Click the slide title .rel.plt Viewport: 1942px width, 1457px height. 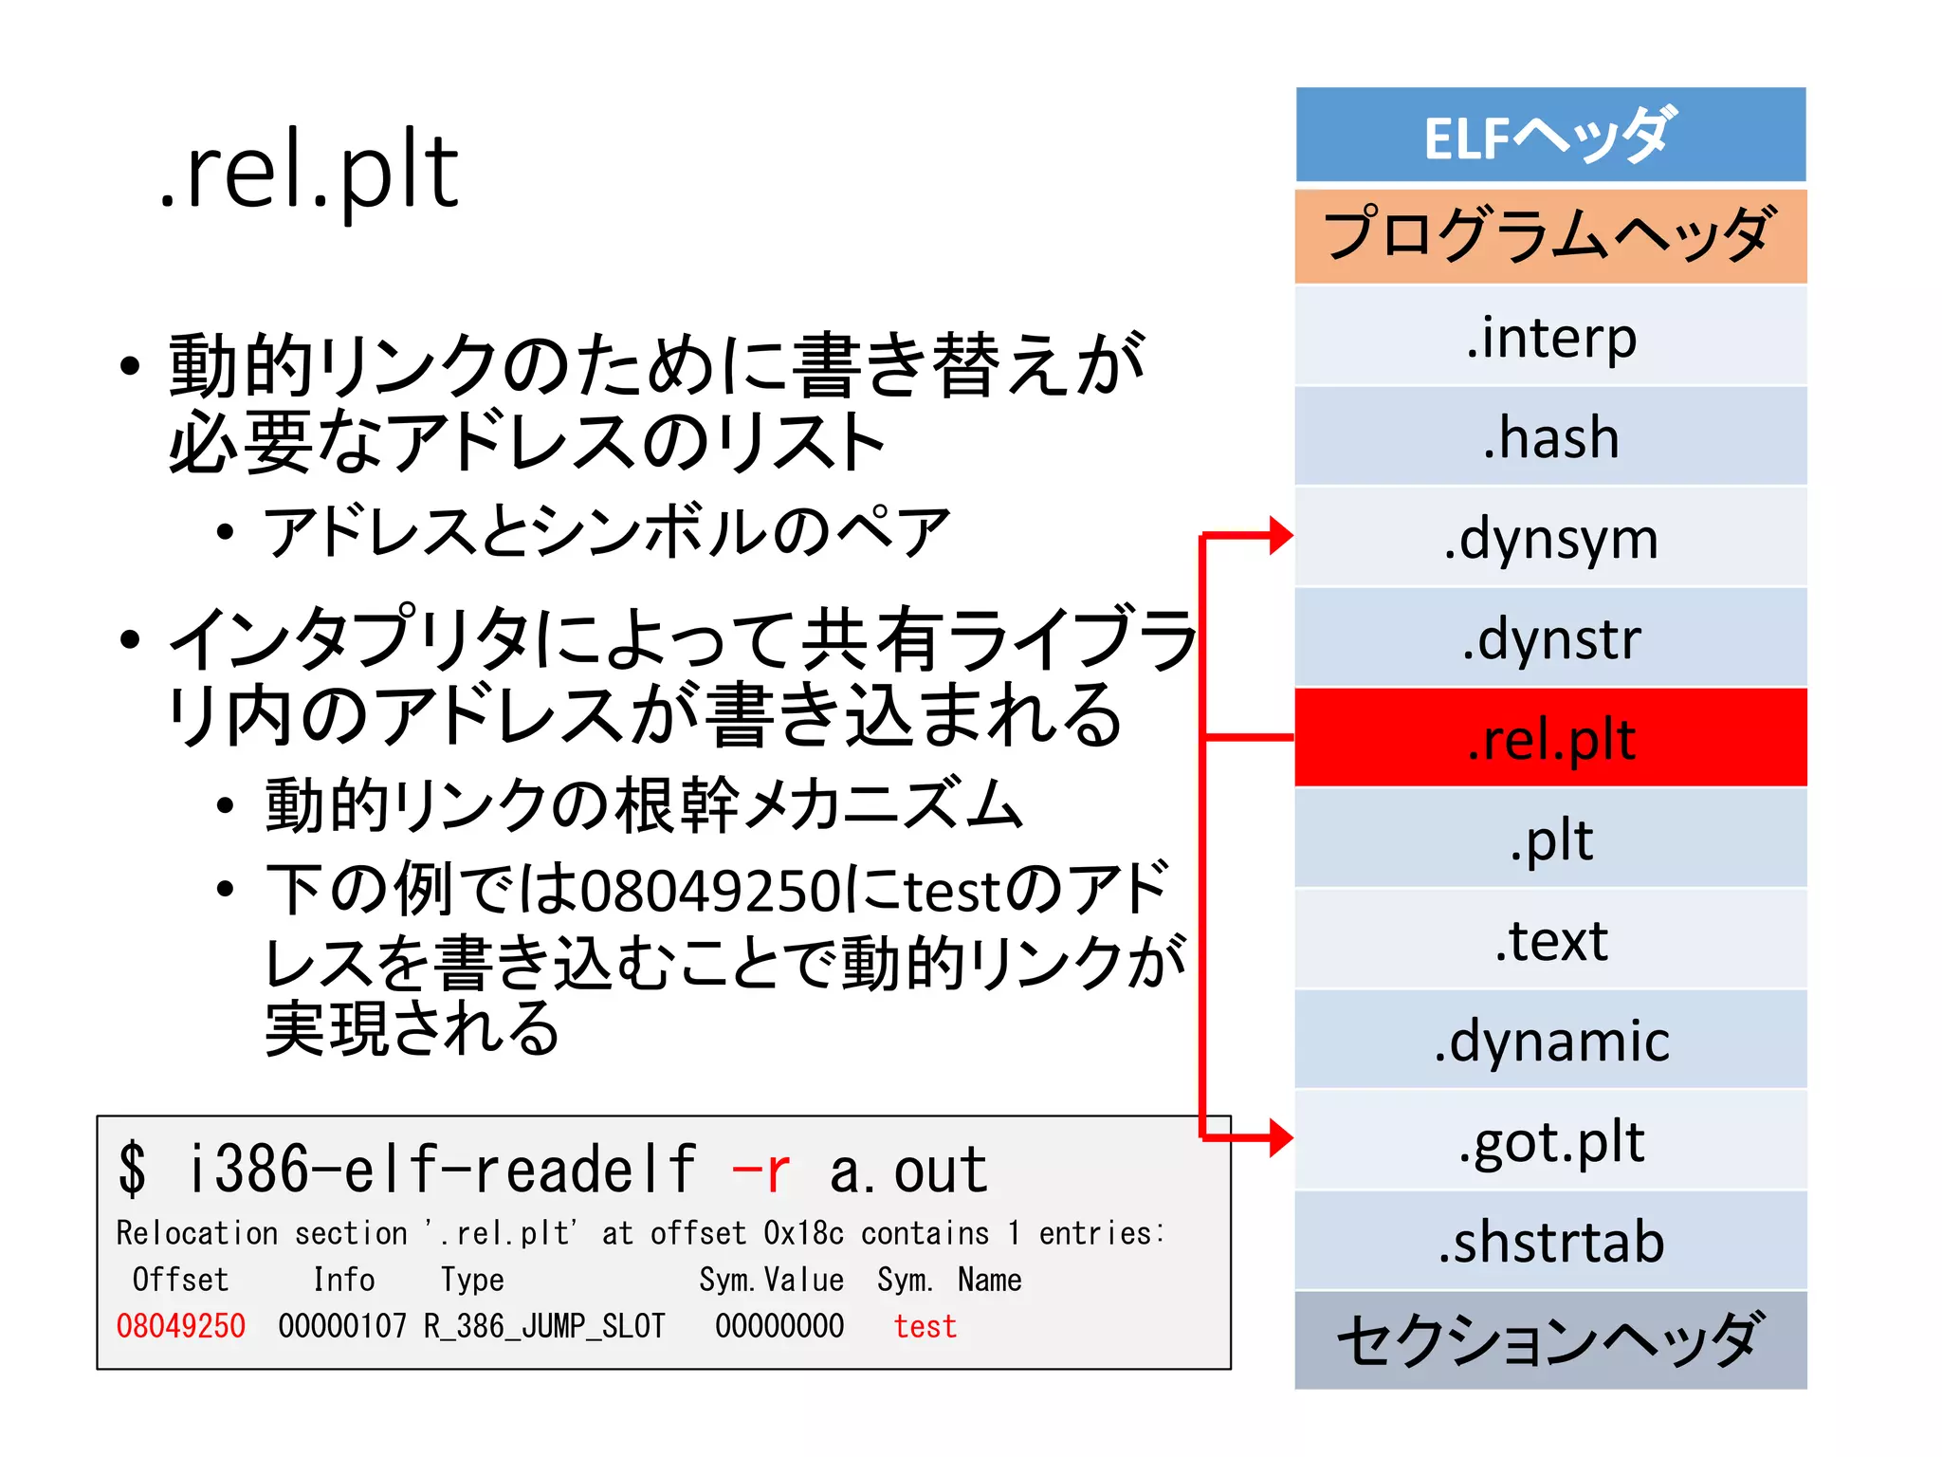[x=309, y=171]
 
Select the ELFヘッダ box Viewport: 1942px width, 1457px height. [x=1550, y=135]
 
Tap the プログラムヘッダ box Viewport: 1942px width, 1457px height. [x=1550, y=235]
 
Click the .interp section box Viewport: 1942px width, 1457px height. [x=1550, y=337]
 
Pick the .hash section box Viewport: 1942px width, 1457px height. [x=1550, y=437]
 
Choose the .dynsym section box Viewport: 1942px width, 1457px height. [x=1550, y=538]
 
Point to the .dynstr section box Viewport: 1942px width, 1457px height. [x=1550, y=638]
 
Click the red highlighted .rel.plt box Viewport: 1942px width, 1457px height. [x=1550, y=738]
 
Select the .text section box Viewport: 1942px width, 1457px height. [x=1550, y=940]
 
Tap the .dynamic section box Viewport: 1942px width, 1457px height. [x=1550, y=1041]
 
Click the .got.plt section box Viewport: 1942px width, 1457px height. [x=1550, y=1141]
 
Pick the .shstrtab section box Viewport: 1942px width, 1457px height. [x=1550, y=1242]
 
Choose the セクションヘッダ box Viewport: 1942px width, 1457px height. [x=1550, y=1340]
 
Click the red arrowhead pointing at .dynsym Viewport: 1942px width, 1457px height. [x=1280, y=536]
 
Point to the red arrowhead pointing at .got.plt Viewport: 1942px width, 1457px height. [x=1280, y=1137]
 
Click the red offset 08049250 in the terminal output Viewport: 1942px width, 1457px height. [x=180, y=1326]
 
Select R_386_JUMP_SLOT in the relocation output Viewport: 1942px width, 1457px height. [x=544, y=1326]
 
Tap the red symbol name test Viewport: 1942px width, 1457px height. [x=925, y=1326]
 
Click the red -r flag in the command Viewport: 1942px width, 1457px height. [x=760, y=1171]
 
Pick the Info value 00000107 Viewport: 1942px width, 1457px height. [x=342, y=1326]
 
